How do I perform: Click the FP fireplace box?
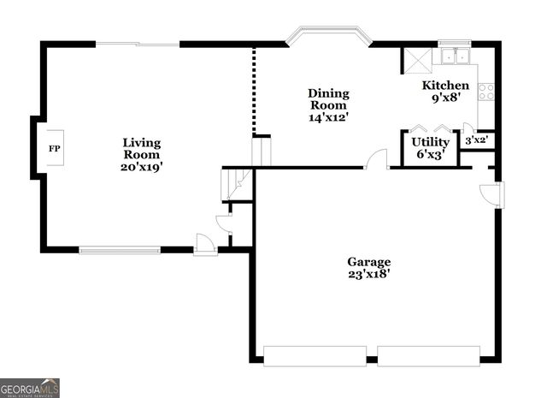coord(55,148)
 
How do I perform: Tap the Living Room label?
coord(141,149)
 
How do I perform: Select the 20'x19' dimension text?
coord(141,168)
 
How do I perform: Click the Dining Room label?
coord(328,99)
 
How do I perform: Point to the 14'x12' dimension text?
coord(328,118)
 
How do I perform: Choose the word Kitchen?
coord(445,86)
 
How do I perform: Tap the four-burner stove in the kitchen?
coord(486,91)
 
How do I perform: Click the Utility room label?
coord(430,142)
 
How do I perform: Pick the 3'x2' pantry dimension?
coord(475,140)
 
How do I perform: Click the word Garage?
coord(368,262)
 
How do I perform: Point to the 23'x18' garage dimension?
coord(368,276)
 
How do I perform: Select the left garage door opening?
coord(315,355)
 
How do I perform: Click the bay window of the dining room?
coord(329,36)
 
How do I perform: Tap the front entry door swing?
coord(205,243)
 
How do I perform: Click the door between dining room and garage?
coord(377,159)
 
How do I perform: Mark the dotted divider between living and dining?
coord(253,91)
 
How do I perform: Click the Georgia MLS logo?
coord(30,388)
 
